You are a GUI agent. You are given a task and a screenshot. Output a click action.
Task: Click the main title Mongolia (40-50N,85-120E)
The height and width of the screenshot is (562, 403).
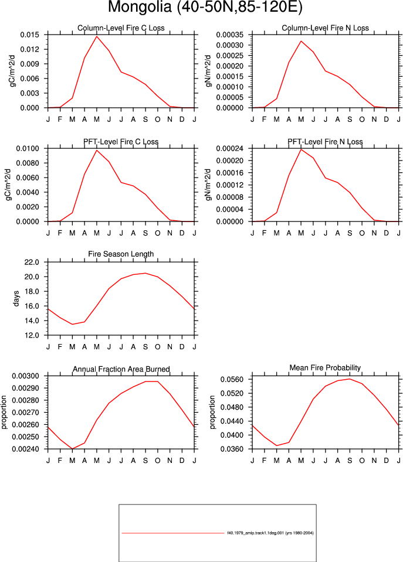205,7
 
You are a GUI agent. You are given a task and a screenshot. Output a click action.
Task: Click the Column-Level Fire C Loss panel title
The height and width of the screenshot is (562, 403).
121,28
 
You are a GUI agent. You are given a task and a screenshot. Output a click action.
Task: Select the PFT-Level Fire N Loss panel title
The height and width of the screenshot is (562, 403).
325,142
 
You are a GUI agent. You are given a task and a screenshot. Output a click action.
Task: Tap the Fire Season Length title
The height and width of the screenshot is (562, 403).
121,254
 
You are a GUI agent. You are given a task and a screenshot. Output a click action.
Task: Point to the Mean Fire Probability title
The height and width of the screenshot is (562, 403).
325,368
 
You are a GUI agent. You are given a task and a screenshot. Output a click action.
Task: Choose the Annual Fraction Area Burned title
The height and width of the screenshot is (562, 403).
121,369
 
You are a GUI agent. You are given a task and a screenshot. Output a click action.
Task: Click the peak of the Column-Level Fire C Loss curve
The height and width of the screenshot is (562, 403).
97,36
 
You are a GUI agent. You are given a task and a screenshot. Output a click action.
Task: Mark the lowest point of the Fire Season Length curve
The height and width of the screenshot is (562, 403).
73,325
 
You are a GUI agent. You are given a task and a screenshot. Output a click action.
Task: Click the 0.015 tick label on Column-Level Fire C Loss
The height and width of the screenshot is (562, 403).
29,35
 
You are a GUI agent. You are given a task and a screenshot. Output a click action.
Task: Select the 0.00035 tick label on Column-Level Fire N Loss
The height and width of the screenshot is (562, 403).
230,35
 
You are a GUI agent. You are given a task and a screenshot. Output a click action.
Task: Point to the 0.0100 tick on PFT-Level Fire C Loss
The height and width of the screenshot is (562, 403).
28,148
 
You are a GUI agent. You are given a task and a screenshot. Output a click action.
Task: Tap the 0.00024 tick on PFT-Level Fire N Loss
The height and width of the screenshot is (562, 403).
230,148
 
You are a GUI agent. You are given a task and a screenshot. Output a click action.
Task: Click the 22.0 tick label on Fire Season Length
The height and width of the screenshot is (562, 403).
32,262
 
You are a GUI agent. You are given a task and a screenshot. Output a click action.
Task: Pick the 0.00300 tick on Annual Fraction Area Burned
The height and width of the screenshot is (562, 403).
25,376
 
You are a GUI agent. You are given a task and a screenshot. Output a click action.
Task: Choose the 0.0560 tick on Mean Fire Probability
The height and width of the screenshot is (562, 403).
232,379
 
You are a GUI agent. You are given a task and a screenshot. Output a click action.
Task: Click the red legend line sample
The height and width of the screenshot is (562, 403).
172,533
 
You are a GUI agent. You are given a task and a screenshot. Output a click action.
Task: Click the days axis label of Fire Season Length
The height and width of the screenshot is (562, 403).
16,298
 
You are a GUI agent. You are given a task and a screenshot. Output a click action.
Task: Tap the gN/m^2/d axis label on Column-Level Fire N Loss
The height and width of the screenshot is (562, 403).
208,71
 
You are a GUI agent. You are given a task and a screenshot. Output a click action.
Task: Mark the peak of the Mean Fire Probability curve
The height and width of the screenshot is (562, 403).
350,379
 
